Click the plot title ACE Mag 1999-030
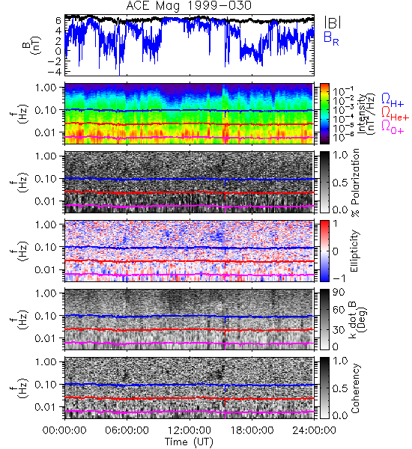189,6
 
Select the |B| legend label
333,22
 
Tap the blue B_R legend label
331,38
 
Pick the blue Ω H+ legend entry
393,100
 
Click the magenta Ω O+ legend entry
393,127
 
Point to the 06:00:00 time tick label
127,430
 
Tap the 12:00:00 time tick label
190,430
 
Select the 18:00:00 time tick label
252,430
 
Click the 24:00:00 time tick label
314,430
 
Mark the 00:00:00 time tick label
64,430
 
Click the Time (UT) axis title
190,442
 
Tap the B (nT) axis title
31,45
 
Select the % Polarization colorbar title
355,183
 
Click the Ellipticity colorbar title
354,251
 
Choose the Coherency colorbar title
354,388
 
